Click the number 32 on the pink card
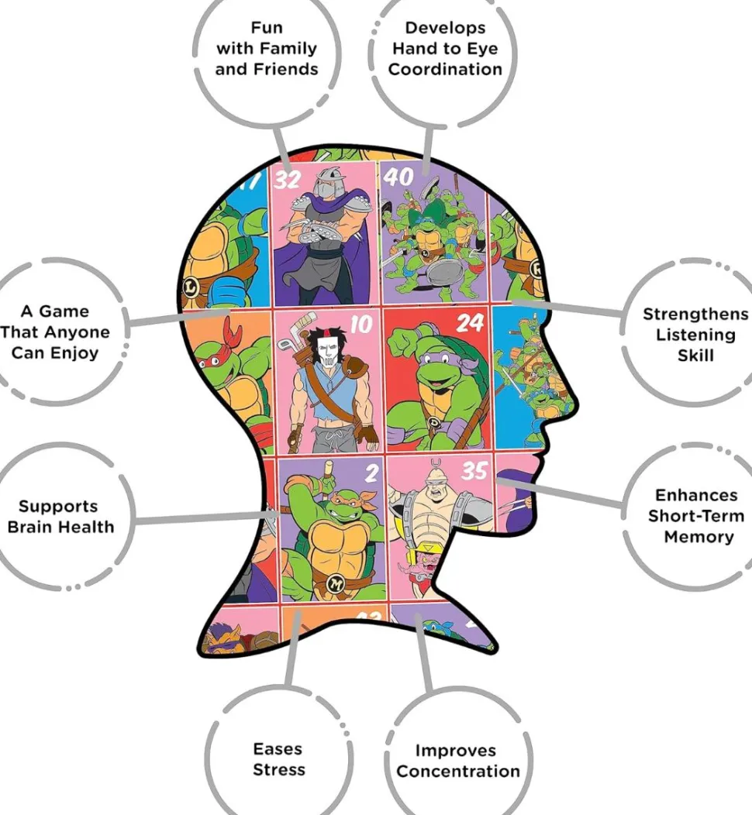click(288, 180)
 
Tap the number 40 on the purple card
click(398, 177)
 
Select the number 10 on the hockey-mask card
click(361, 325)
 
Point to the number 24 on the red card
click(470, 323)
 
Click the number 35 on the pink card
click(474, 471)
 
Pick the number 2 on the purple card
click(371, 473)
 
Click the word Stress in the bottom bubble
click(279, 769)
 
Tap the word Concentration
click(458, 771)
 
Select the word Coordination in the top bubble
click(445, 69)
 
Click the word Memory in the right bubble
click(699, 536)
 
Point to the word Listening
click(696, 335)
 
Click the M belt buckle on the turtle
click(336, 584)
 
